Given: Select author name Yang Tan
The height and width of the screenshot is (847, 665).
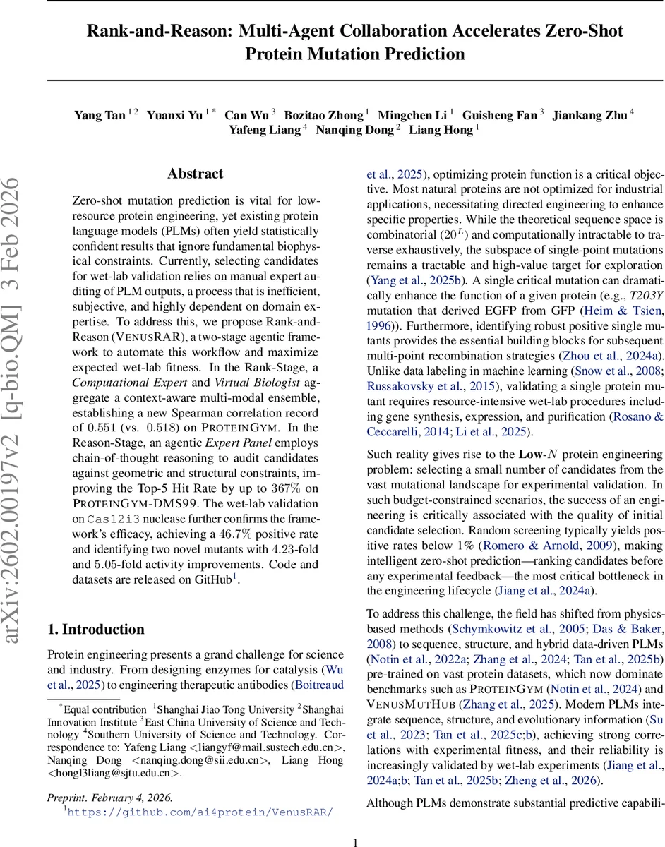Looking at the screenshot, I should point(100,115).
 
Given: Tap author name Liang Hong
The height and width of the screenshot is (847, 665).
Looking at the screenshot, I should point(443,130).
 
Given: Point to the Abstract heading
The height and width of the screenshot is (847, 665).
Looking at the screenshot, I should point(195,174).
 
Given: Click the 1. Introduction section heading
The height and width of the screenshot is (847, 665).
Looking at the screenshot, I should point(95,630).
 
